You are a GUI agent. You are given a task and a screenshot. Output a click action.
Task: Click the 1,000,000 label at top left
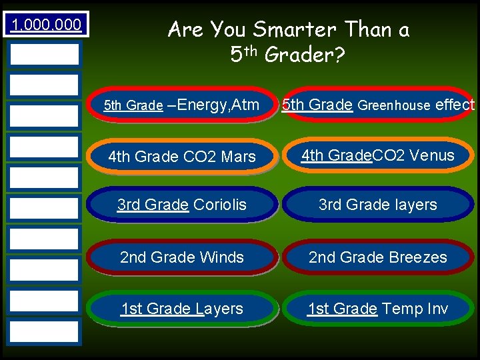point(44,25)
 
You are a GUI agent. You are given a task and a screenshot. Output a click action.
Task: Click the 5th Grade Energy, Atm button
point(182,105)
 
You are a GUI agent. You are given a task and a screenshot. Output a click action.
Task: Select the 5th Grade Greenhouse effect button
point(378,105)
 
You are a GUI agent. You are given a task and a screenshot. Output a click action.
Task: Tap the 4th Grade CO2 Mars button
point(182,157)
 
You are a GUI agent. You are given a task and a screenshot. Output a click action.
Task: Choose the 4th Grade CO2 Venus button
point(378,156)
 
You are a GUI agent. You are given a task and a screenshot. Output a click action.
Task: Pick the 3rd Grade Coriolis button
point(182,205)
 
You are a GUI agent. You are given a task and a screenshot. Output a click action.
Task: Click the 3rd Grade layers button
point(378,205)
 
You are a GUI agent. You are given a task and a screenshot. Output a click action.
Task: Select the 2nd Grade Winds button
point(182,257)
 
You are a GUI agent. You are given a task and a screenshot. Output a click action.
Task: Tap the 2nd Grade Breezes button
point(378,257)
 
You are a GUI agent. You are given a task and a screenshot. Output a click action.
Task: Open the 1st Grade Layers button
point(182,309)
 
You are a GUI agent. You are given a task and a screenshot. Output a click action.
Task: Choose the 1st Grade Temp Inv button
point(378,309)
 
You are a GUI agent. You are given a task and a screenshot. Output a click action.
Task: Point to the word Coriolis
point(219,205)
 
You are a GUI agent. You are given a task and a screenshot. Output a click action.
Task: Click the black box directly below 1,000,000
point(44,53)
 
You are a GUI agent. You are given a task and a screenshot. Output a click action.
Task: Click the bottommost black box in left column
point(44,331)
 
